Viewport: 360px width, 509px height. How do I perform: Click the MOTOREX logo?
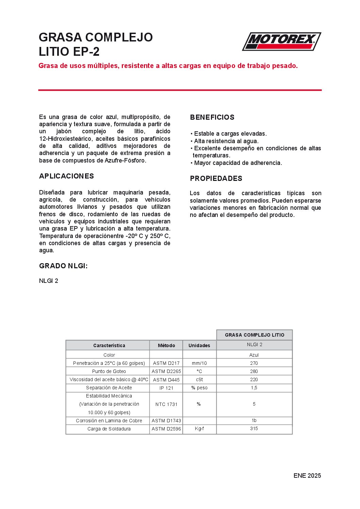281,41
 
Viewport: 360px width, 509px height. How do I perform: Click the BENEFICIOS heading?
212,117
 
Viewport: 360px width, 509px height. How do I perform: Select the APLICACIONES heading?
66,176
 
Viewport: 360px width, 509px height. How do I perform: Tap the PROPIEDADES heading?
216,179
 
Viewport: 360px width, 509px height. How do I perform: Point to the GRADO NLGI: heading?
63,266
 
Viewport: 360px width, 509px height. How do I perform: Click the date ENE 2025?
307,476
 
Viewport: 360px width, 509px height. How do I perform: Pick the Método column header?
166,345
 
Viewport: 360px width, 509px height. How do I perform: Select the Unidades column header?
199,345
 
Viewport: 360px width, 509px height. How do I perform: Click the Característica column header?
109,345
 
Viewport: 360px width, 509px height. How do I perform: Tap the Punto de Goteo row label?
109,371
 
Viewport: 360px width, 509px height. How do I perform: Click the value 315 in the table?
254,428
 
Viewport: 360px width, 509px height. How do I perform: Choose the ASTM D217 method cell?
166,363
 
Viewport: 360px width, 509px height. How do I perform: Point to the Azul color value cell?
254,355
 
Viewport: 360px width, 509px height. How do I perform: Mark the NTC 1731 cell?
166,404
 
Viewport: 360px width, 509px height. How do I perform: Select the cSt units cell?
199,379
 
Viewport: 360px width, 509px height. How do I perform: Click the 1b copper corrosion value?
254,421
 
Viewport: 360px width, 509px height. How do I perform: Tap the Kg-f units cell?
199,428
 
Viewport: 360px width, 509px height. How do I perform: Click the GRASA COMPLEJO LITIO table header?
255,335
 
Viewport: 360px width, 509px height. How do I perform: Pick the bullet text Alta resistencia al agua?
226,141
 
